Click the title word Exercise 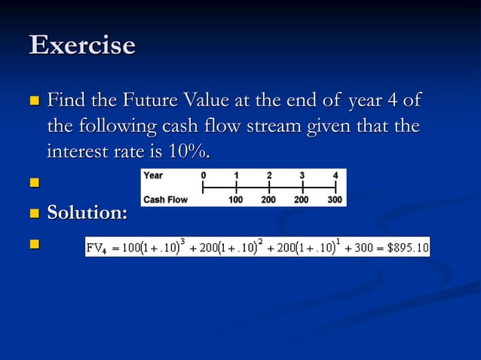point(82,45)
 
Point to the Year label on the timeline point(153,175)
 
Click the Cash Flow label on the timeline point(165,200)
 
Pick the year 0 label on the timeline point(203,175)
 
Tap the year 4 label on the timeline point(335,175)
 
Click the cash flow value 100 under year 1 point(237,200)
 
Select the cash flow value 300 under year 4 point(334,200)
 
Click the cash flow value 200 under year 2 point(269,200)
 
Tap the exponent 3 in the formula point(182,240)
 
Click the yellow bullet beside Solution point(32,214)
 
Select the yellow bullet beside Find point(32,101)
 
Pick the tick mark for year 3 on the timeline point(302,188)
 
